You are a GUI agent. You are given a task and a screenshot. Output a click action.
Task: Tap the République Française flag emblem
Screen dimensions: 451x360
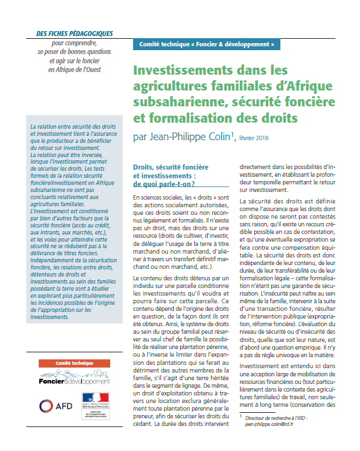[95, 401]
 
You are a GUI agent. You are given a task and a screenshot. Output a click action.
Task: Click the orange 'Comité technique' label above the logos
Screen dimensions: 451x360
[75, 363]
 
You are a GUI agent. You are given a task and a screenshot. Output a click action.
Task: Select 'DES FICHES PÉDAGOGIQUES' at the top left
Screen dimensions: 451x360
[74, 33]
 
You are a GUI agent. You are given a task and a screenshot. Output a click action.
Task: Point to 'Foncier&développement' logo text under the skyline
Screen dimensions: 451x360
[74, 382]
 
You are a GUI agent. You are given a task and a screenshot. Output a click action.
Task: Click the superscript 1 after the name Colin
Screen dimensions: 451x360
[232, 134]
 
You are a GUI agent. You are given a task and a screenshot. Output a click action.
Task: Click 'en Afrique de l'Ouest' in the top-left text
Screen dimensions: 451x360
[74, 69]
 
